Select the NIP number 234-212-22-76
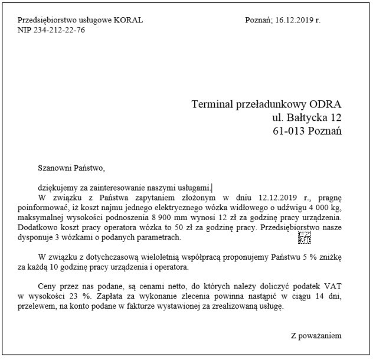[61, 30]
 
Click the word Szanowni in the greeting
[53, 169]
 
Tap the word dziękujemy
[57, 188]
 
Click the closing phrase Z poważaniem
[316, 336]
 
